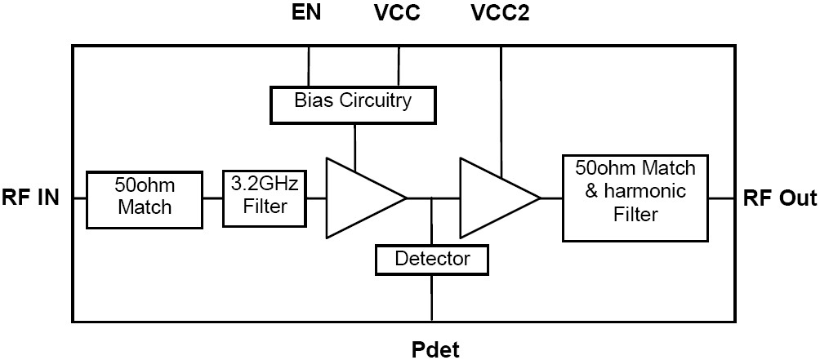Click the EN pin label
pos(308,13)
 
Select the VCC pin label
pos(399,13)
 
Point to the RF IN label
pos(31,198)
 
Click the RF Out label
pos(779,198)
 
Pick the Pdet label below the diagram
pos(435,349)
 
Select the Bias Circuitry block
pos(353,102)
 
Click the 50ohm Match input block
pos(144,197)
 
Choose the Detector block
pos(432,260)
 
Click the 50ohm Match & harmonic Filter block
pos(635,197)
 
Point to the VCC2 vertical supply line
pos(501,106)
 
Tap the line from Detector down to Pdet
pos(432,297)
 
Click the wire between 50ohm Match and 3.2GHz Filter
pos(212,198)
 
